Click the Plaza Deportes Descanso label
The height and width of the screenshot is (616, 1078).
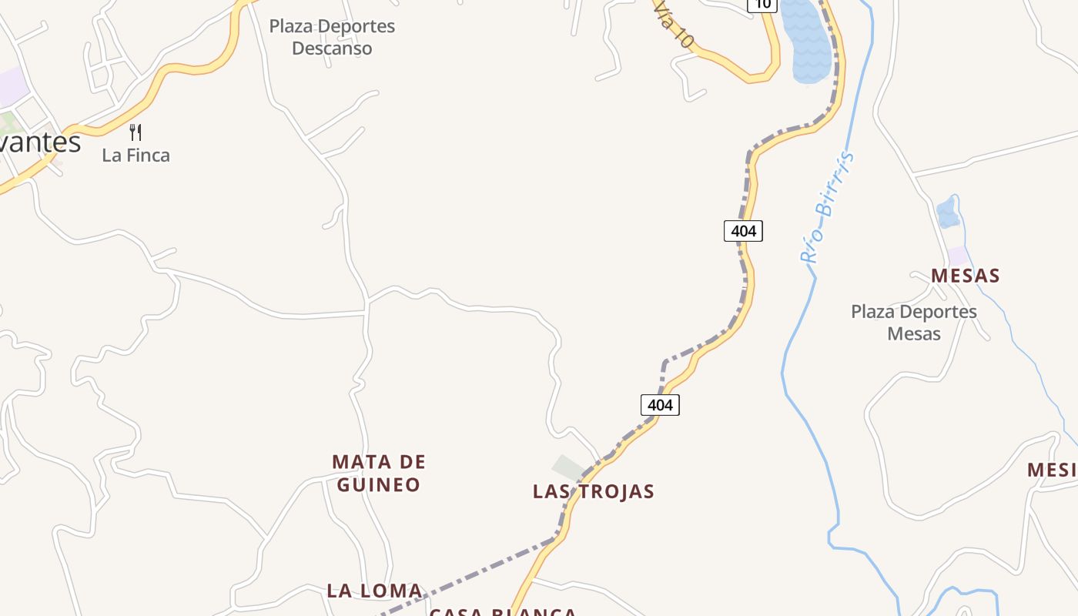332,37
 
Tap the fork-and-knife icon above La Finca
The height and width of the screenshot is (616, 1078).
136,132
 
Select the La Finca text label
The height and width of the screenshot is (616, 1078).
136,155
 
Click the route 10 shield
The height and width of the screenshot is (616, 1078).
762,5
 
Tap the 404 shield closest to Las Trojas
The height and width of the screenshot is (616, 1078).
660,405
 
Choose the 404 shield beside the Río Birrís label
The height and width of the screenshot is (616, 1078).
743,230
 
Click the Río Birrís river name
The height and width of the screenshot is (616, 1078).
828,208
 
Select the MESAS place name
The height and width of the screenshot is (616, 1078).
965,276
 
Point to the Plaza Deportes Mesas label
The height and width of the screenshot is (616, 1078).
914,323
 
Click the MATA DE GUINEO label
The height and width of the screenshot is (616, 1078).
378,473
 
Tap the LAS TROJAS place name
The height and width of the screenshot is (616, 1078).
593,491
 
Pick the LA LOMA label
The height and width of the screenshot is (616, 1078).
374,591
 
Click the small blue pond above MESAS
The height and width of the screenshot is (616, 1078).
948,213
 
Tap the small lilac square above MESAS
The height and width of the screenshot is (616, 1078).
958,256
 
